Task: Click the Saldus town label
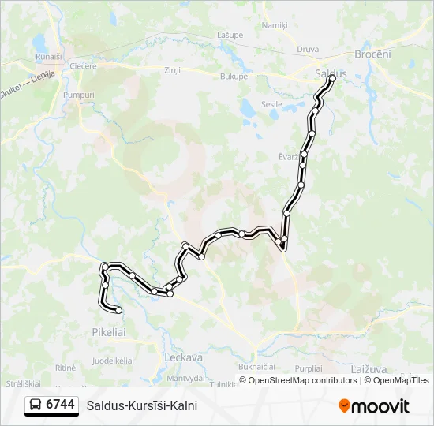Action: point(331,73)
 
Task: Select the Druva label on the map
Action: point(308,49)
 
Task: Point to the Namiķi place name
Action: point(275,26)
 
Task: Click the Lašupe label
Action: point(230,35)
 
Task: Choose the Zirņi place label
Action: point(172,70)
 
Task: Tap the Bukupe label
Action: point(234,77)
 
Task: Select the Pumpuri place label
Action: point(78,95)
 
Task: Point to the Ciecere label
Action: point(83,66)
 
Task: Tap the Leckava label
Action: point(183,357)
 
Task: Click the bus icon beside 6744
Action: point(36,405)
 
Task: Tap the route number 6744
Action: point(61,405)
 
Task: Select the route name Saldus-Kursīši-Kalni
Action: point(142,405)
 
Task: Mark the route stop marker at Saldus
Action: point(331,78)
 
